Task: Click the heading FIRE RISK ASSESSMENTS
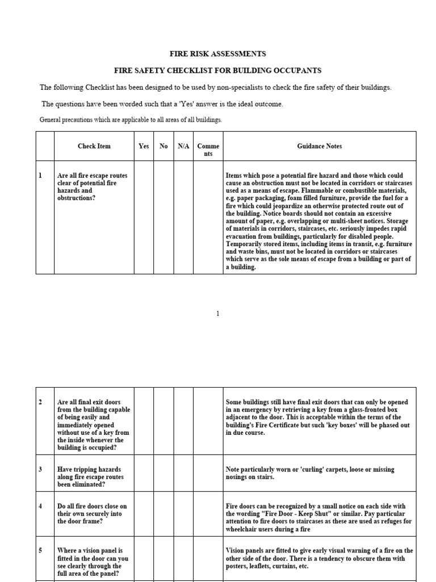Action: (x=218, y=54)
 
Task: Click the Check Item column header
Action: (x=94, y=146)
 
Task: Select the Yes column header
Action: (x=144, y=146)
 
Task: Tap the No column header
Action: (x=163, y=146)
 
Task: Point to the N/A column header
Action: (x=183, y=146)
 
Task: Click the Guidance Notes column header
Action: (x=319, y=146)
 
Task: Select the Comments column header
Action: (x=208, y=150)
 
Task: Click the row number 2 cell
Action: (x=45, y=421)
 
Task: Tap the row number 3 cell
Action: (x=45, y=473)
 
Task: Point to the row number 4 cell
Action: (x=45, y=514)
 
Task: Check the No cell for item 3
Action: (x=163, y=473)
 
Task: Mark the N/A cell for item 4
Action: (x=183, y=514)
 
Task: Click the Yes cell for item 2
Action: (x=144, y=421)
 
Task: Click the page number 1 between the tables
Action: (x=218, y=314)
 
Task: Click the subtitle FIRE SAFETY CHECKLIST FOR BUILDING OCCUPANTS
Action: (x=218, y=70)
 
